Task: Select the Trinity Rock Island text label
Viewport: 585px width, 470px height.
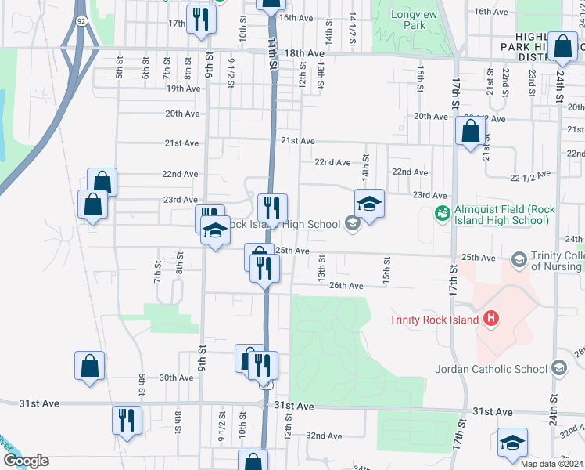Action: click(x=436, y=319)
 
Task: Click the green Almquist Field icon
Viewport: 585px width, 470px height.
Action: click(x=442, y=212)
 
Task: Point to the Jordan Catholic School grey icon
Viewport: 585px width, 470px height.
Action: click(x=558, y=368)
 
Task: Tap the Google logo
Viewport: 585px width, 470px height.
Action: click(x=25, y=461)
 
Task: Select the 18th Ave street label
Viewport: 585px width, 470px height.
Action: click(x=304, y=53)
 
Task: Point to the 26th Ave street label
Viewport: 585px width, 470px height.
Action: click(x=346, y=286)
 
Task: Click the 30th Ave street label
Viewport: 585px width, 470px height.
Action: click(x=176, y=378)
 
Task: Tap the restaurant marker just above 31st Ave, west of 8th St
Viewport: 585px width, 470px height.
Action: click(x=126, y=419)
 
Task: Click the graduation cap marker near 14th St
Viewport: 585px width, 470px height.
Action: click(x=369, y=204)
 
